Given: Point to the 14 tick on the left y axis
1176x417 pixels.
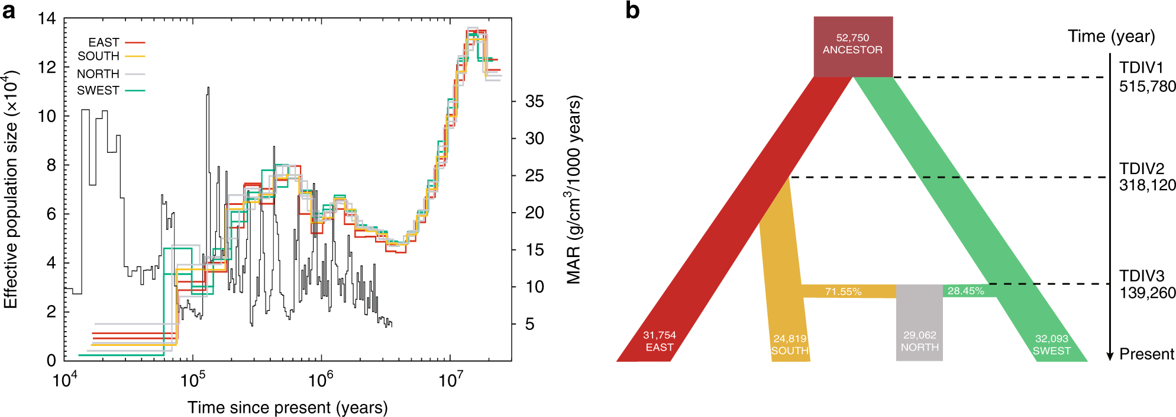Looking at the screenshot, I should (x=47, y=19).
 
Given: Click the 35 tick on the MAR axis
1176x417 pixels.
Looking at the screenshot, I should (x=534, y=101).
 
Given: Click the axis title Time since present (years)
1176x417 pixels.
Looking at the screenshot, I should (x=287, y=408).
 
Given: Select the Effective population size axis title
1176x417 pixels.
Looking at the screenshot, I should (x=11, y=190).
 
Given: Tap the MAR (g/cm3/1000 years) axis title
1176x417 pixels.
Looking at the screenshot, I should (x=573, y=190).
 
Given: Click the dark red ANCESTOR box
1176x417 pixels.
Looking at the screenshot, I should (x=852, y=46).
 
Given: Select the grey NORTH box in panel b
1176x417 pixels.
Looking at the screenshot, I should (x=919, y=323).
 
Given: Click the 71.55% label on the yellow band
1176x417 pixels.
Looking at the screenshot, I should (x=843, y=291).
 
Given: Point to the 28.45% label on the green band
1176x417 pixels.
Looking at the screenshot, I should (x=965, y=291).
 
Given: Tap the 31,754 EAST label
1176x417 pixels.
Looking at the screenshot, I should (x=659, y=341).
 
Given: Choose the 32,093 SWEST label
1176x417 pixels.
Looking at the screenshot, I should (x=1051, y=344).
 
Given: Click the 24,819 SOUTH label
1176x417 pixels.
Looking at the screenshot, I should (x=790, y=344).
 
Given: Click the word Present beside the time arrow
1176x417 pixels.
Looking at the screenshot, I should (x=1146, y=354).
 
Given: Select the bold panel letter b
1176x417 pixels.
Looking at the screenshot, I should (x=632, y=11).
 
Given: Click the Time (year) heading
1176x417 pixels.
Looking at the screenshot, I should (x=1111, y=37).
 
